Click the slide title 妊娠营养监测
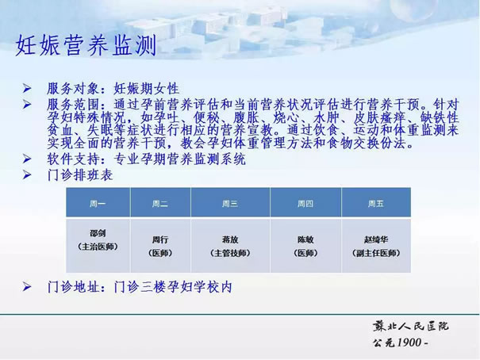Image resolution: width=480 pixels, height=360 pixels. tap(86, 45)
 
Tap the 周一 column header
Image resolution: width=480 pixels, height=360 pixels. tap(98, 204)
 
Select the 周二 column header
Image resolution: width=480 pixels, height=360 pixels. tap(160, 204)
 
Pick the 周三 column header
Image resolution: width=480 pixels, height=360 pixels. tap(230, 204)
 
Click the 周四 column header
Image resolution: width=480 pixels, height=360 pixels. tap(305, 204)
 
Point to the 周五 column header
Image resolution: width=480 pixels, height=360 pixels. tap(375, 204)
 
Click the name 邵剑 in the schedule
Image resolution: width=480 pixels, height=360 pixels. tap(98, 233)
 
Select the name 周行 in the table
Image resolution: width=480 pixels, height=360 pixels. tap(160, 239)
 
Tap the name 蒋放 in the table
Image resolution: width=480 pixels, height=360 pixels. tap(230, 239)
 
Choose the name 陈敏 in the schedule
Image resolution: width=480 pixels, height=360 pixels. tap(305, 239)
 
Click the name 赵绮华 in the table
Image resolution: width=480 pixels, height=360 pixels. tap(376, 239)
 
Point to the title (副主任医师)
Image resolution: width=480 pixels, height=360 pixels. tap(376, 253)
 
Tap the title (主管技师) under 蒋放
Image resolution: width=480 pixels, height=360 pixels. tap(230, 253)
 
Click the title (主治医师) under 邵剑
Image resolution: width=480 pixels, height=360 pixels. tap(98, 247)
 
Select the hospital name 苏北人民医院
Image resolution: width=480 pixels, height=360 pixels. tap(410, 327)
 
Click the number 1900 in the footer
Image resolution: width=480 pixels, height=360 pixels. tap(409, 343)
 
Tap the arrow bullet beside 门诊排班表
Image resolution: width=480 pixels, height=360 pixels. tap(27, 175)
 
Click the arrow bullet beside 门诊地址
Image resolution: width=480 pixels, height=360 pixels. tap(27, 287)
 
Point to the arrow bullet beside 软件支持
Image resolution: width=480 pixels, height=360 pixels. tap(27, 159)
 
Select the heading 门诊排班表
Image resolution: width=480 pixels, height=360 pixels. tap(80, 175)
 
